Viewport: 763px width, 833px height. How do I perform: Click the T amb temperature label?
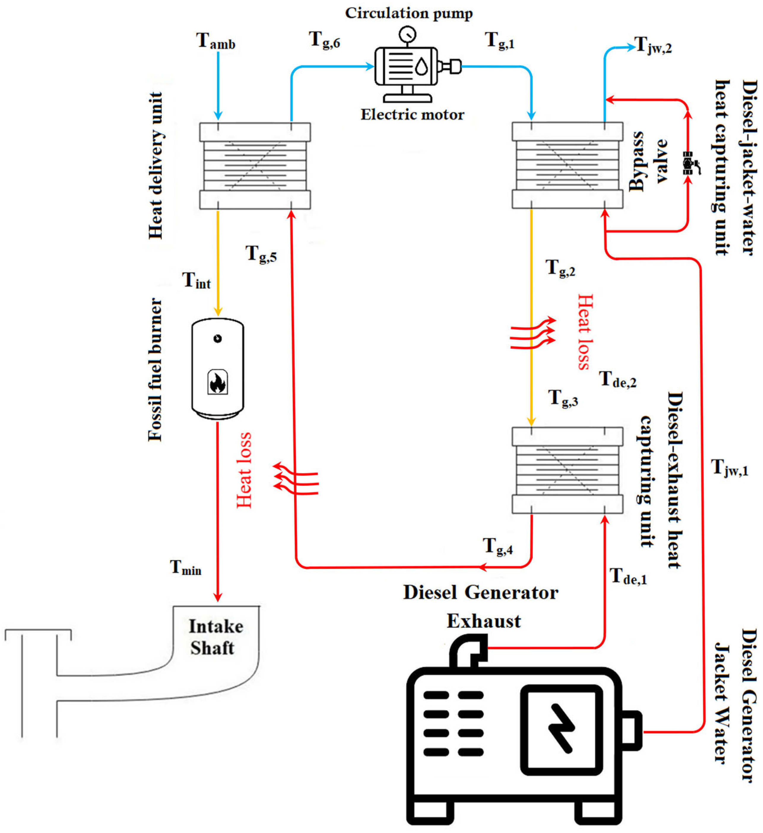pyautogui.click(x=216, y=41)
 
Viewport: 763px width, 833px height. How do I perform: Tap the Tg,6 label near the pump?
pyautogui.click(x=324, y=40)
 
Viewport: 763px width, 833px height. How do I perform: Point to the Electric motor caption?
pyautogui.click(x=412, y=115)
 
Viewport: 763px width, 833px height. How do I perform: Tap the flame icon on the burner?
pyautogui.click(x=218, y=381)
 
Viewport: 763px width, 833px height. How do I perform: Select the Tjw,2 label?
pyautogui.click(x=653, y=45)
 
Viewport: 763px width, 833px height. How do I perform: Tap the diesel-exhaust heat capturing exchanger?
pyautogui.click(x=567, y=470)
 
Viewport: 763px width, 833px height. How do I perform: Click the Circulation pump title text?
pyautogui.click(x=409, y=13)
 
